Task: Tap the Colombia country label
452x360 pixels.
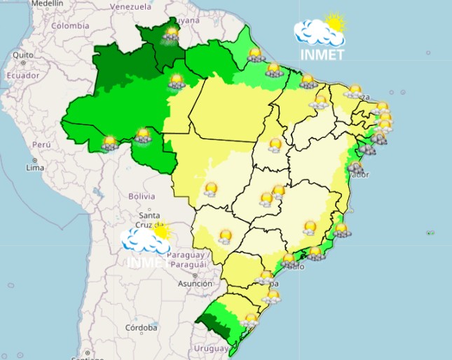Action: click(70, 26)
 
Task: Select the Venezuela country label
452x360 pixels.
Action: click(130, 6)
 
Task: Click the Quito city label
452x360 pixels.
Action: click(23, 54)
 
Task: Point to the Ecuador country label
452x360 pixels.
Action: click(23, 76)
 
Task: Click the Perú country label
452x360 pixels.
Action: click(41, 144)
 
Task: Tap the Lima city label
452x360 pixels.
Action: click(35, 167)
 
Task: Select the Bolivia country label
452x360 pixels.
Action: click(142, 197)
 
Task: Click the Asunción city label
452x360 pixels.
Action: click(194, 284)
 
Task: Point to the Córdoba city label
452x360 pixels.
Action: click(141, 328)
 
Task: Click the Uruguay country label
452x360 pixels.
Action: click(211, 348)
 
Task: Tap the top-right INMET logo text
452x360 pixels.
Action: click(322, 55)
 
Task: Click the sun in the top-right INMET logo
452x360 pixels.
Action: click(335, 23)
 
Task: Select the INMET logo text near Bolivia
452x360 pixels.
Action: click(148, 263)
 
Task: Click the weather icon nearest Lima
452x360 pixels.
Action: click(109, 144)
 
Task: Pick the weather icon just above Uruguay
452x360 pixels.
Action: click(249, 320)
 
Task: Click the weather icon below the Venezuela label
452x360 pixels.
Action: click(171, 33)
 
